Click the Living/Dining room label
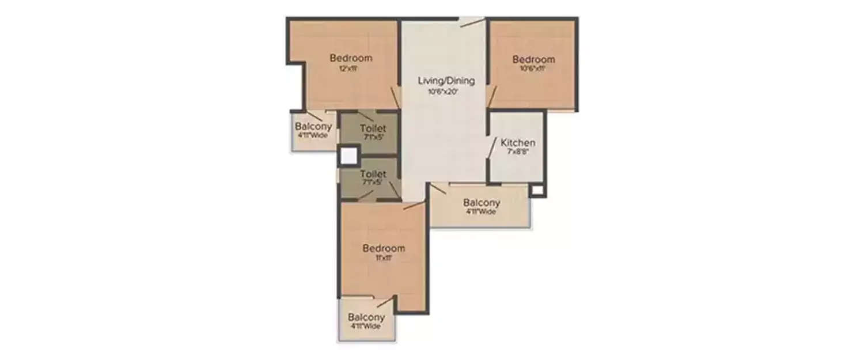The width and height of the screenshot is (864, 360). pyautogui.click(x=446, y=81)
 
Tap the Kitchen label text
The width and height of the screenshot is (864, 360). pyautogui.click(x=518, y=143)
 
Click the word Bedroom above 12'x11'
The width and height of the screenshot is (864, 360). pyautogui.click(x=351, y=58)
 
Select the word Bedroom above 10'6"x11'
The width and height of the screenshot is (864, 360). pyautogui.click(x=534, y=59)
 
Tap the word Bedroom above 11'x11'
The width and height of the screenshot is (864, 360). pyautogui.click(x=384, y=248)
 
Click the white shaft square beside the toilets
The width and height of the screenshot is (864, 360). pyautogui.click(x=348, y=156)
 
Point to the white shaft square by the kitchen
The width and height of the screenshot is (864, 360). pyautogui.click(x=537, y=190)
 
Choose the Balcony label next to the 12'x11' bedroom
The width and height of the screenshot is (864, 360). pyautogui.click(x=313, y=127)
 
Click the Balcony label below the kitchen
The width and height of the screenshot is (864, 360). pyautogui.click(x=482, y=203)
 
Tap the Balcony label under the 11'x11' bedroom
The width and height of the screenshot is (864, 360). pyautogui.click(x=366, y=317)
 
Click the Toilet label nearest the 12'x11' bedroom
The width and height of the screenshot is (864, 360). pyautogui.click(x=373, y=128)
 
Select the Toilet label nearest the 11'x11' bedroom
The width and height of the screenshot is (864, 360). pyautogui.click(x=373, y=173)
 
